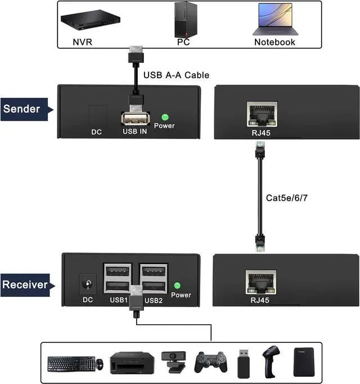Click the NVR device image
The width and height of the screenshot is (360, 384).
click(91, 20)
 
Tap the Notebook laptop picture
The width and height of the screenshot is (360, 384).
click(276, 19)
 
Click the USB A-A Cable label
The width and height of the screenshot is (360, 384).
click(176, 75)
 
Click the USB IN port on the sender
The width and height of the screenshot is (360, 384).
click(136, 118)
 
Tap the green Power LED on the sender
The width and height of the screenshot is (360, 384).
click(165, 117)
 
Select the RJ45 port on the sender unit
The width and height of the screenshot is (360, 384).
click(262, 114)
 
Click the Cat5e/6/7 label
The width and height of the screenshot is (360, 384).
click(286, 198)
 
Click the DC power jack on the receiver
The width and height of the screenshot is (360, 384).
click(88, 284)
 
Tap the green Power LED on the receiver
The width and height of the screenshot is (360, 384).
click(177, 285)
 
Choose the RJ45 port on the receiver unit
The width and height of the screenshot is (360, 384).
click(261, 282)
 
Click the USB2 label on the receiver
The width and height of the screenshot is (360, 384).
click(154, 301)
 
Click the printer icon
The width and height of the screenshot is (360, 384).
click(132, 363)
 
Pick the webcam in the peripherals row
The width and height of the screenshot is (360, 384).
click(173, 362)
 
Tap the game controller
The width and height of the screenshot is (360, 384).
click(211, 362)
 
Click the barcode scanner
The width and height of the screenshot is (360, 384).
click(271, 361)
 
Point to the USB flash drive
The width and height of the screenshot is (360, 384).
click(244, 364)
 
